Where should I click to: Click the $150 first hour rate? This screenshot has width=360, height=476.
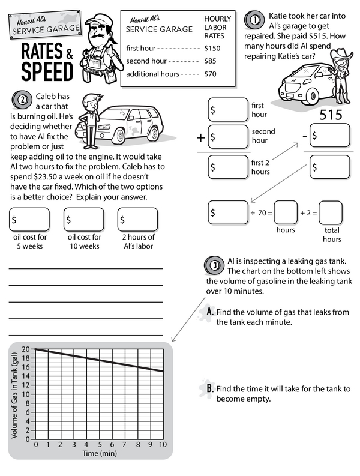[x=212, y=47]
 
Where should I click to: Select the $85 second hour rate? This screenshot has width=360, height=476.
[x=211, y=61]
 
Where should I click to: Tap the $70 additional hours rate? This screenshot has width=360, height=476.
[x=211, y=74]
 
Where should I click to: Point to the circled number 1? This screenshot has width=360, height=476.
[x=256, y=19]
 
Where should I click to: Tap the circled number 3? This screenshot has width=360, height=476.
[x=214, y=264]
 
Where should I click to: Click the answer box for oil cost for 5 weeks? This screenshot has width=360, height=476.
[x=30, y=220]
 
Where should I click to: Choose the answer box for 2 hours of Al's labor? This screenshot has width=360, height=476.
[x=137, y=220]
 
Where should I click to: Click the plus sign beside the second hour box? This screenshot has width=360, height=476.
[x=201, y=138]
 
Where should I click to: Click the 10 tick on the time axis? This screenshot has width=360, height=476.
[x=163, y=445]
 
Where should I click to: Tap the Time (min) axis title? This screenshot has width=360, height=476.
[x=99, y=454]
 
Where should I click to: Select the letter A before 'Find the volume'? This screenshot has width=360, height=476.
[x=209, y=312]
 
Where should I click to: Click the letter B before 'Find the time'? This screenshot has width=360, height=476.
[x=209, y=389]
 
